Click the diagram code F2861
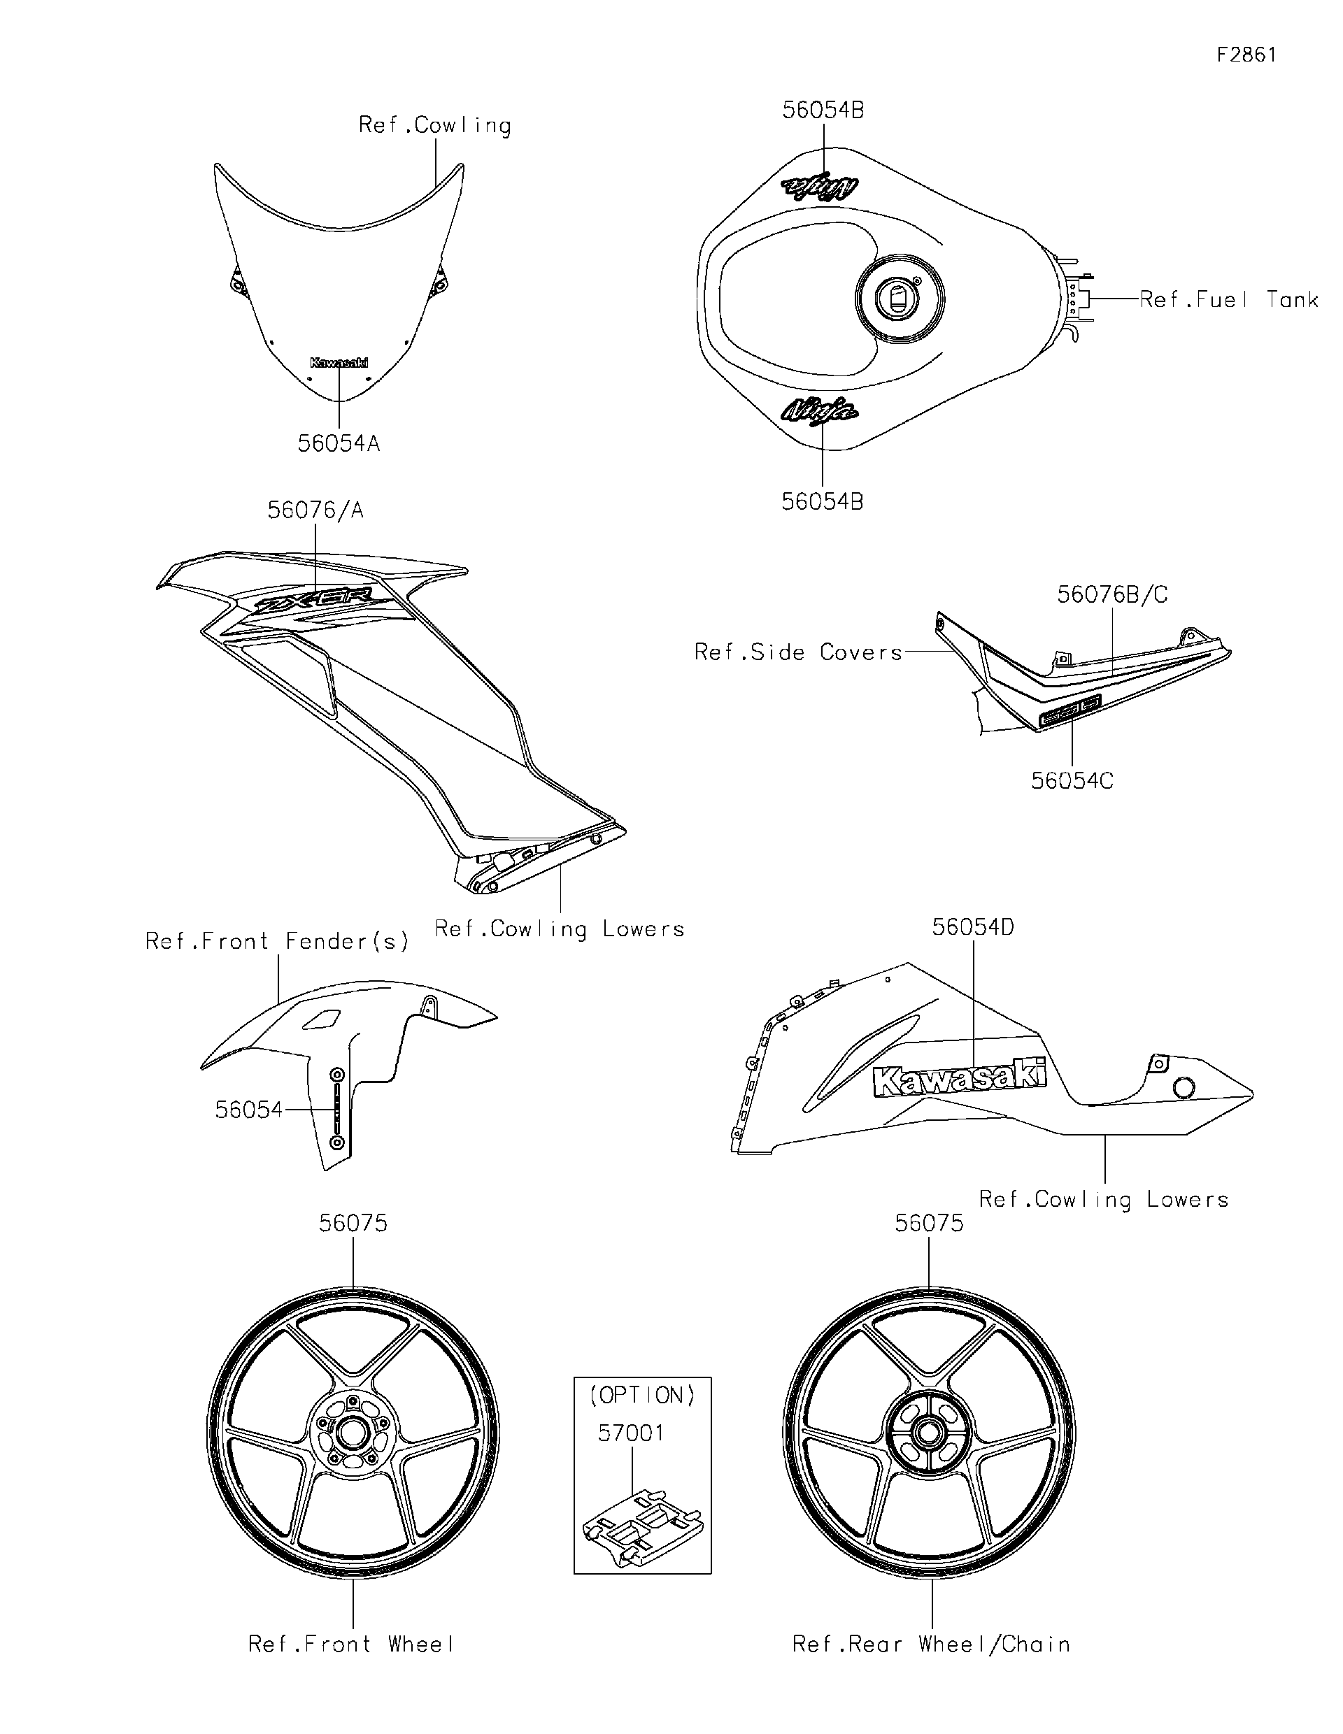point(1246,54)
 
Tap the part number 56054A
point(339,443)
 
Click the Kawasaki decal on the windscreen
point(339,363)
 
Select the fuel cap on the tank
point(899,300)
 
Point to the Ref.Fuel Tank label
point(1228,299)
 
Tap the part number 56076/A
point(315,510)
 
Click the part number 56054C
point(1072,781)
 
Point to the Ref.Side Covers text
point(798,652)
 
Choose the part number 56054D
point(972,927)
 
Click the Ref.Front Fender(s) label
point(277,942)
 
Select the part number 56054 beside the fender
point(248,1110)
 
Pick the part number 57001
point(631,1433)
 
